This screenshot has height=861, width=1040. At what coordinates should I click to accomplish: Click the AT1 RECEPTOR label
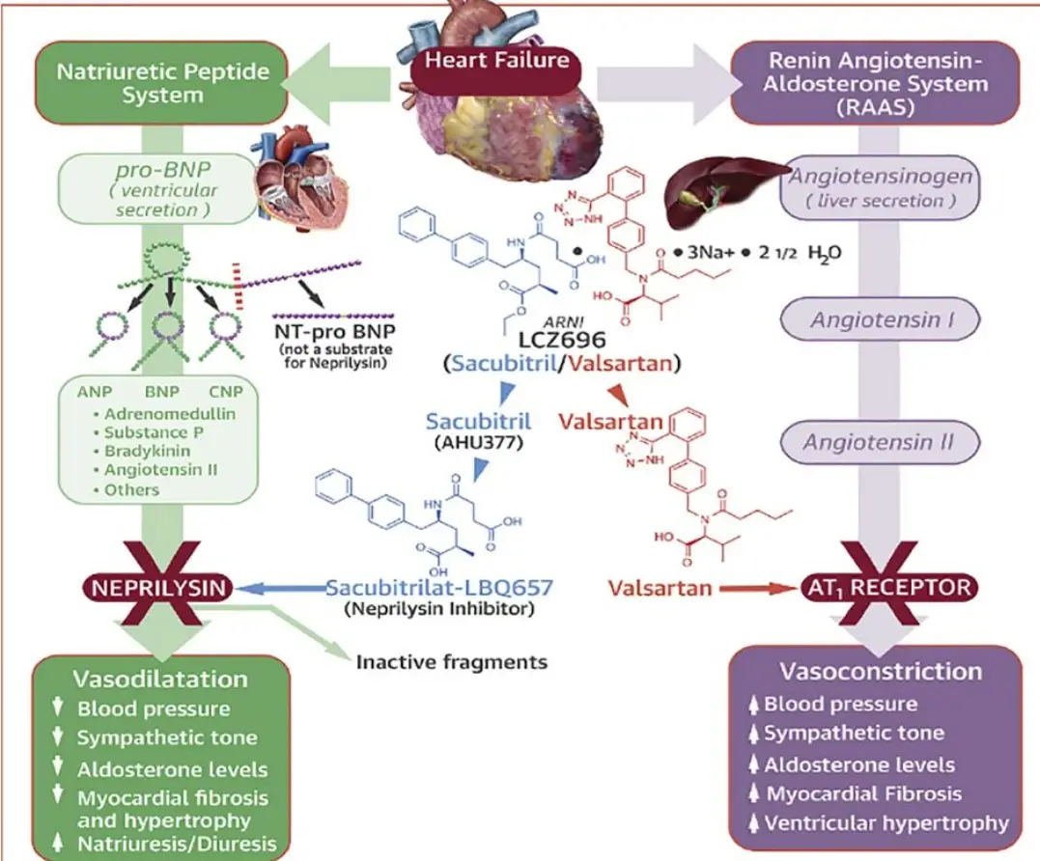click(x=889, y=586)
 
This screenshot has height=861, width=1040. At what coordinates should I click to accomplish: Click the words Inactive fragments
click(x=452, y=662)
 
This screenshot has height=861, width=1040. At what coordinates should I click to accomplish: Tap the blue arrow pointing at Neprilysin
click(x=280, y=586)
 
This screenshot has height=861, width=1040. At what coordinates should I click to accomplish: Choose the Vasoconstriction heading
click(x=880, y=671)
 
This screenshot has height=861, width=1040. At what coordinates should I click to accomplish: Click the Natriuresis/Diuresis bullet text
click(x=177, y=844)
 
